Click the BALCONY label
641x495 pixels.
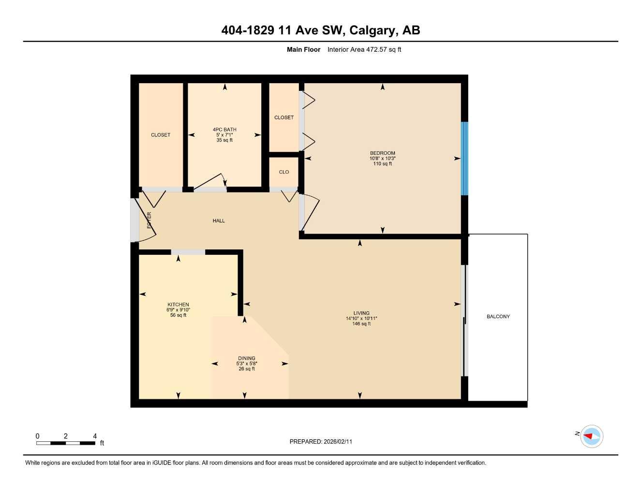(x=498, y=317)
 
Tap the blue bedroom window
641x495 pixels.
(x=464, y=159)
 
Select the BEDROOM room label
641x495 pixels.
(x=382, y=153)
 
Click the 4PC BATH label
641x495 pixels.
(x=224, y=130)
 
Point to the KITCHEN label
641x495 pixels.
(x=178, y=305)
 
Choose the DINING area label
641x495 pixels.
(x=246, y=358)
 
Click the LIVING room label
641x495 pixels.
(x=361, y=313)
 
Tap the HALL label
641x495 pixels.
(x=219, y=221)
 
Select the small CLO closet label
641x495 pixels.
(x=284, y=172)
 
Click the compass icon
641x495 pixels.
(x=591, y=436)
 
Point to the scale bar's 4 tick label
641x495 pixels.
(x=95, y=436)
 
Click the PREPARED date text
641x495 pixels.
(x=321, y=441)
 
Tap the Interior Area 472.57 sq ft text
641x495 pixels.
(x=364, y=49)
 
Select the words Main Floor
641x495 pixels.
(x=303, y=49)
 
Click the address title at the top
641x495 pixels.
(x=320, y=30)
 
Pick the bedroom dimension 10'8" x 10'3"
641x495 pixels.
(x=382, y=159)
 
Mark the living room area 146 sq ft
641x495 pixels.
(x=361, y=324)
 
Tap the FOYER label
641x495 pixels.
(x=149, y=220)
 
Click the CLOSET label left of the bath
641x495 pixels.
(x=161, y=135)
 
